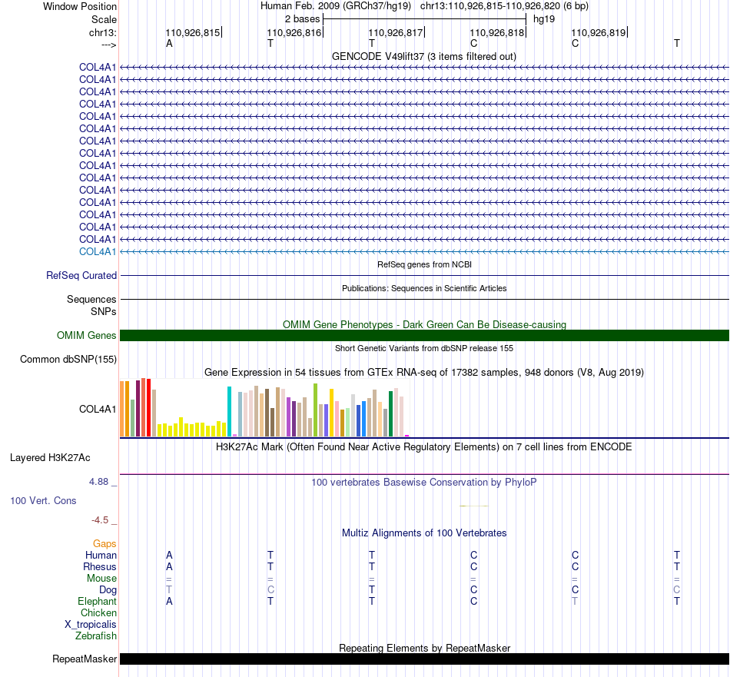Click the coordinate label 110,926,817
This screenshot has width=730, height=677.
point(395,32)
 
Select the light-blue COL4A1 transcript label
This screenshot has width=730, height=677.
point(98,251)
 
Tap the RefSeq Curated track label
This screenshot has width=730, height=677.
point(81,275)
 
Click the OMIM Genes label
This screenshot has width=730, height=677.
point(87,335)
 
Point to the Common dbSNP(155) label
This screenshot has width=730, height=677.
point(68,359)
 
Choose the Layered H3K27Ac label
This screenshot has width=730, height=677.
point(50,458)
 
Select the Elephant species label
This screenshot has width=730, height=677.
point(97,601)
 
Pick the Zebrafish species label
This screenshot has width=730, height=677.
point(96,636)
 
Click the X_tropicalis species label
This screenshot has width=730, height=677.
point(91,625)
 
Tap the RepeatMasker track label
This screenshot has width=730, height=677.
point(85,659)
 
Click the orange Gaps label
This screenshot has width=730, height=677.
point(105,544)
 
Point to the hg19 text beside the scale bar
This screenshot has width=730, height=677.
point(544,19)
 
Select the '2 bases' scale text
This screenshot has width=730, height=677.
point(303,19)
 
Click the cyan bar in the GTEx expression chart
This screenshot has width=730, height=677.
point(229,412)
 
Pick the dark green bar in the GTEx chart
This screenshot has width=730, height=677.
point(390,414)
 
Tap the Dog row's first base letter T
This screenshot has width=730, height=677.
point(169,589)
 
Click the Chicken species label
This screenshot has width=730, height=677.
point(98,612)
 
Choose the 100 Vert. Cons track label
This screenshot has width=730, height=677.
point(43,500)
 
